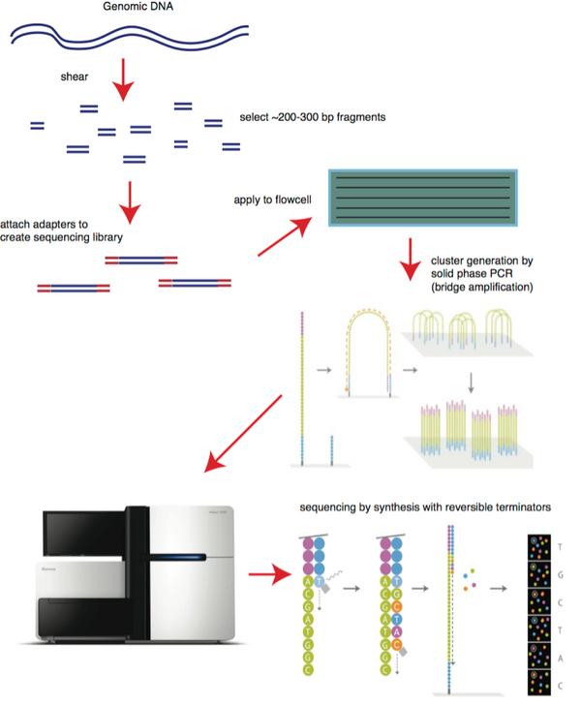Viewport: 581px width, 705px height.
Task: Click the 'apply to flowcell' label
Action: pyautogui.click(x=270, y=200)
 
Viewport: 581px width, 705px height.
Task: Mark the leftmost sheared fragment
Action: pyautogui.click(x=37, y=126)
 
